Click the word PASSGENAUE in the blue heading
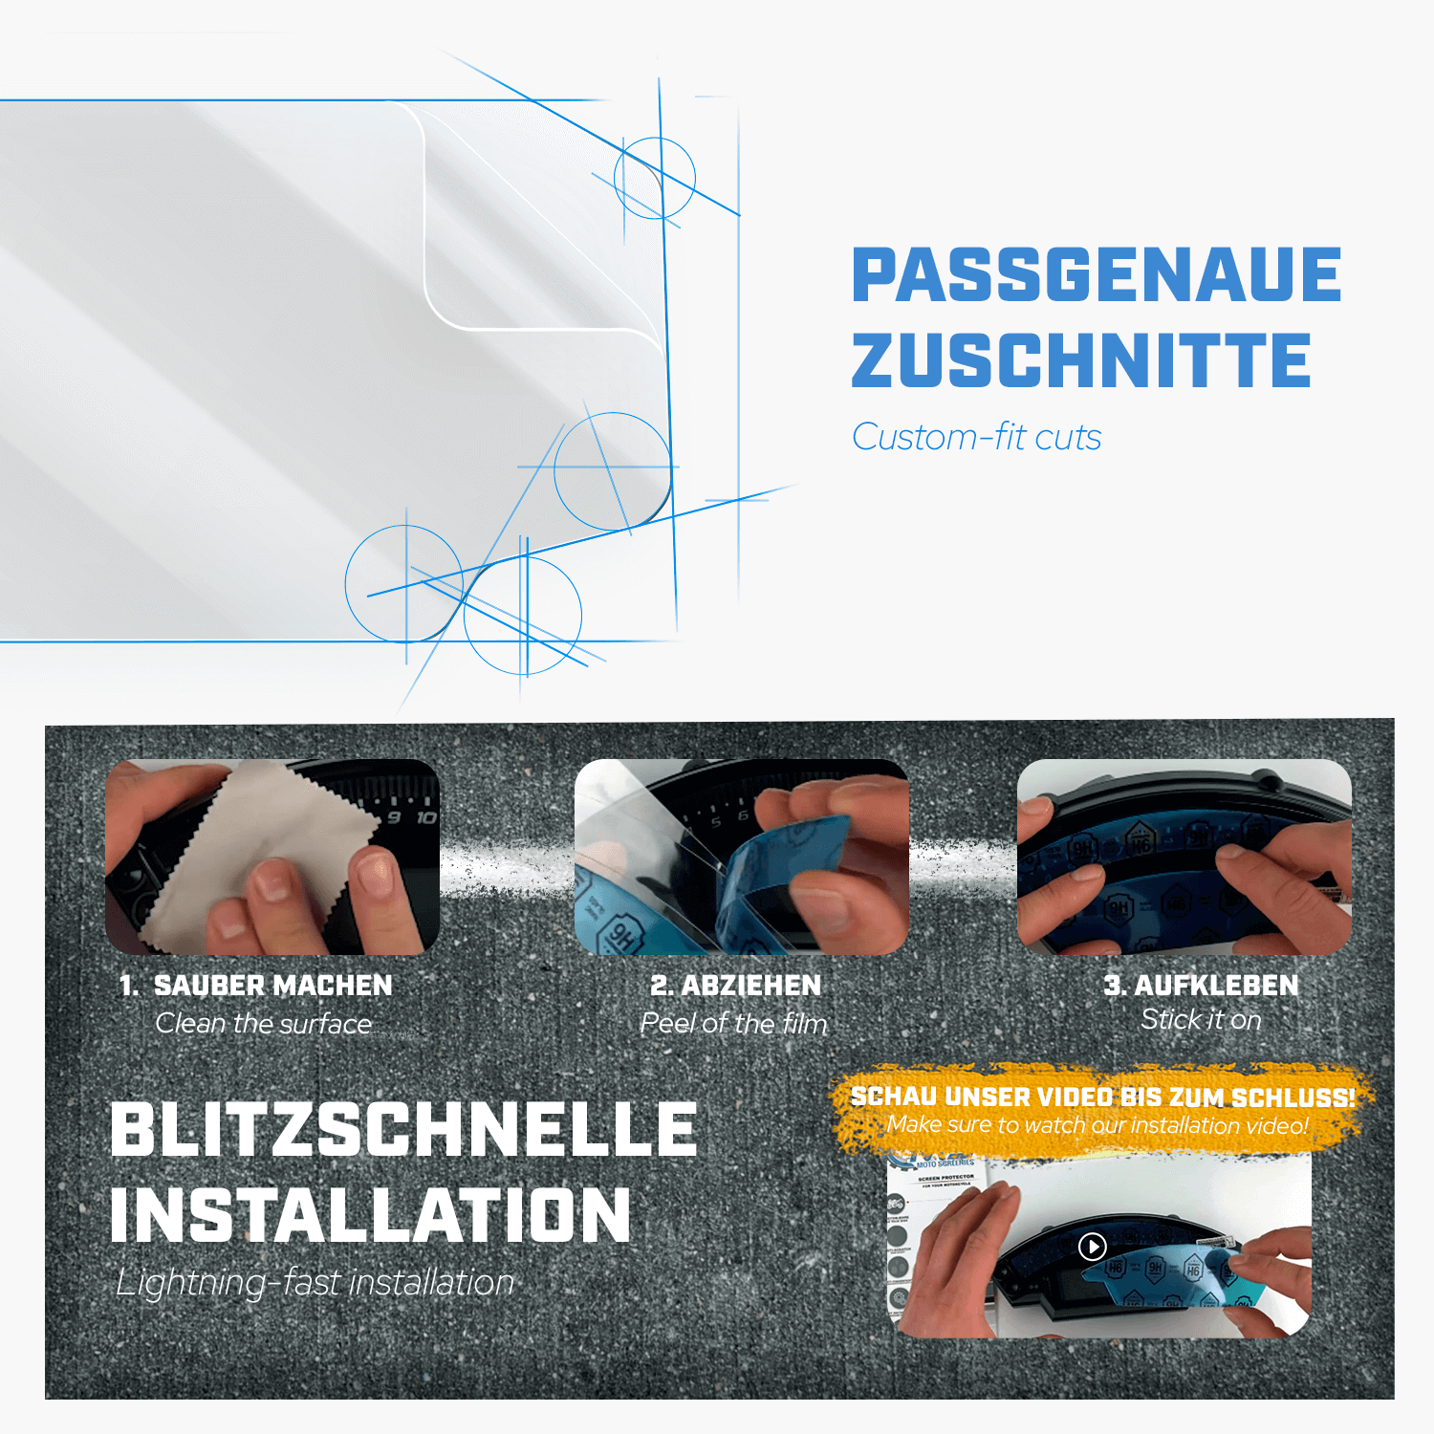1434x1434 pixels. click(x=1096, y=275)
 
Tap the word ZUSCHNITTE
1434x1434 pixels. click(x=1080, y=361)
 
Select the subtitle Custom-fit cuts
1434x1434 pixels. click(x=976, y=438)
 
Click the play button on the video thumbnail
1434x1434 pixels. click(x=1092, y=1246)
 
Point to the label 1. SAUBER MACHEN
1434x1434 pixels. click(x=255, y=986)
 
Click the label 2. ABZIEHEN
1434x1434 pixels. click(x=735, y=986)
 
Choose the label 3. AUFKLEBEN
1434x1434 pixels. click(x=1201, y=986)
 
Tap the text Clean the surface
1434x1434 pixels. click(x=264, y=1024)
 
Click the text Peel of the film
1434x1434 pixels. click(x=733, y=1024)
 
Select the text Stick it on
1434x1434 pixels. click(x=1201, y=1020)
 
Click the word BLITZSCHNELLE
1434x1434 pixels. click(x=403, y=1130)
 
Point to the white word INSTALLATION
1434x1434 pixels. click(x=371, y=1216)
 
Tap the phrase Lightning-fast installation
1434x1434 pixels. click(x=315, y=1283)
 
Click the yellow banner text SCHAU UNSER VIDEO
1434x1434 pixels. click(x=1102, y=1097)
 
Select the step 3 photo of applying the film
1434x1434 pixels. click(x=1184, y=857)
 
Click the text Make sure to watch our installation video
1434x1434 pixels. click(x=1097, y=1125)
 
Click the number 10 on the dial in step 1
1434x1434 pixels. click(x=425, y=818)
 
